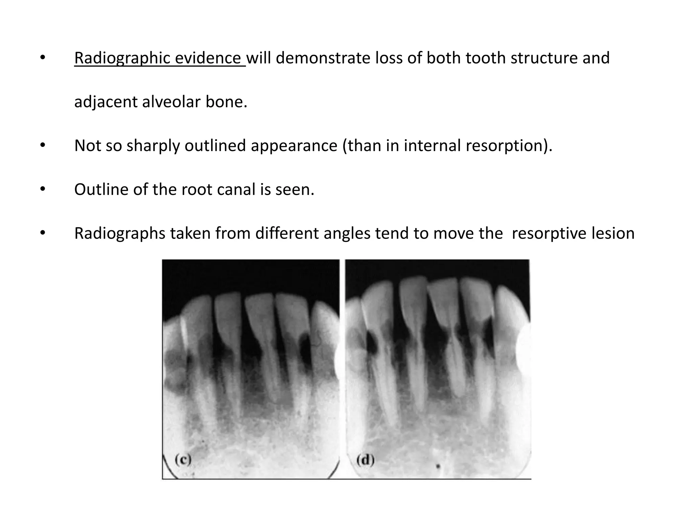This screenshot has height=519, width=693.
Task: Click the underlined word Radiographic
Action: click(x=122, y=58)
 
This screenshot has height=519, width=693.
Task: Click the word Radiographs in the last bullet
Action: click(x=120, y=233)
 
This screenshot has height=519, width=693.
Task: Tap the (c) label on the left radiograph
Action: click(x=183, y=460)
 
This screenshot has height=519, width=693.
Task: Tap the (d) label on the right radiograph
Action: click(x=365, y=460)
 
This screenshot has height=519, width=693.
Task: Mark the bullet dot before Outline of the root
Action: click(x=42, y=189)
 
